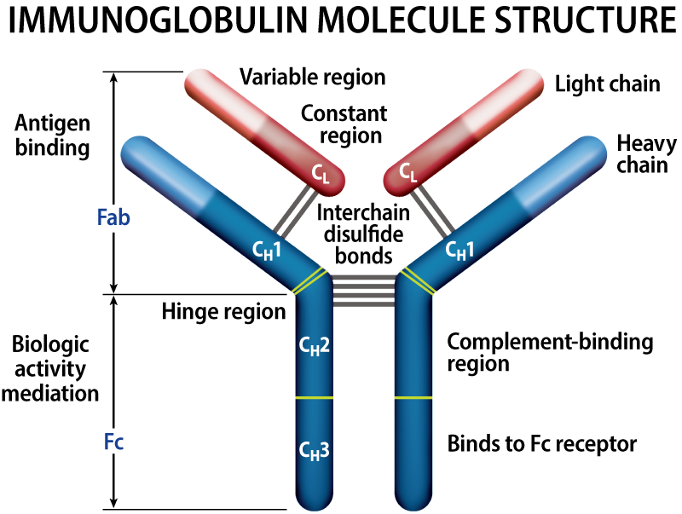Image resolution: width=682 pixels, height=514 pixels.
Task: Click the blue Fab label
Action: pyautogui.click(x=113, y=217)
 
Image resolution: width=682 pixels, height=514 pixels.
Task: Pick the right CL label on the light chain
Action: pyautogui.click(x=408, y=175)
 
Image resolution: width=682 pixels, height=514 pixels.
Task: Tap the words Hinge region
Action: pyautogui.click(x=223, y=311)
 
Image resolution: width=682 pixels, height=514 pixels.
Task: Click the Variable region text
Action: pyautogui.click(x=312, y=78)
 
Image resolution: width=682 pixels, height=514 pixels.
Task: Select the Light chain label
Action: pyautogui.click(x=607, y=84)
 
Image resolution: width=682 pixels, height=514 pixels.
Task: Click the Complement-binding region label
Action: pyautogui.click(x=550, y=352)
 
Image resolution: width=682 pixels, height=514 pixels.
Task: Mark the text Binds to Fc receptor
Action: pyautogui.click(x=542, y=444)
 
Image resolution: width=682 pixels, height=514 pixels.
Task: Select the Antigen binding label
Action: pyautogui.click(x=52, y=135)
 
